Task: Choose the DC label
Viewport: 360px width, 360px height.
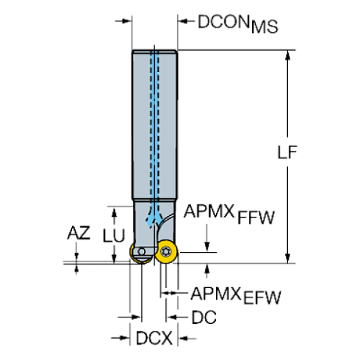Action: [202, 318]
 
